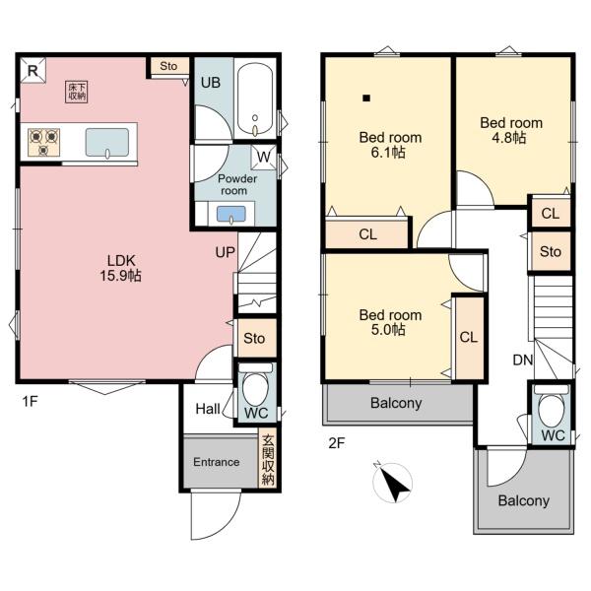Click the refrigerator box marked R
pyautogui.click(x=33, y=70)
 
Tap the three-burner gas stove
pyautogui.click(x=43, y=142)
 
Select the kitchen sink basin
pyautogui.click(x=107, y=143)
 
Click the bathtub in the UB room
pyautogui.click(x=255, y=98)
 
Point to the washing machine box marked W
pyautogui.click(x=263, y=157)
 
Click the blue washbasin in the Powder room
pyautogui.click(x=231, y=214)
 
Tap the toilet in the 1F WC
pyautogui.click(x=255, y=384)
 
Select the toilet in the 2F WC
pyautogui.click(x=552, y=406)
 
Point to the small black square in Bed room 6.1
pyautogui.click(x=366, y=98)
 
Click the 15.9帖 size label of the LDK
pyautogui.click(x=120, y=276)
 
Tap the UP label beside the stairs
pyautogui.click(x=225, y=252)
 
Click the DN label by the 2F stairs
pyautogui.click(x=523, y=360)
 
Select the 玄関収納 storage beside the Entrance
pyautogui.click(x=268, y=460)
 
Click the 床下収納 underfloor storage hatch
pyautogui.click(x=77, y=92)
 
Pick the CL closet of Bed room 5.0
pyautogui.click(x=469, y=337)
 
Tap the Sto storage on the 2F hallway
pyautogui.click(x=551, y=251)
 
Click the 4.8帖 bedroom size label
pyautogui.click(x=509, y=138)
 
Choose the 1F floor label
pyautogui.click(x=31, y=402)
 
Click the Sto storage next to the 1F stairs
pyautogui.click(x=255, y=338)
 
